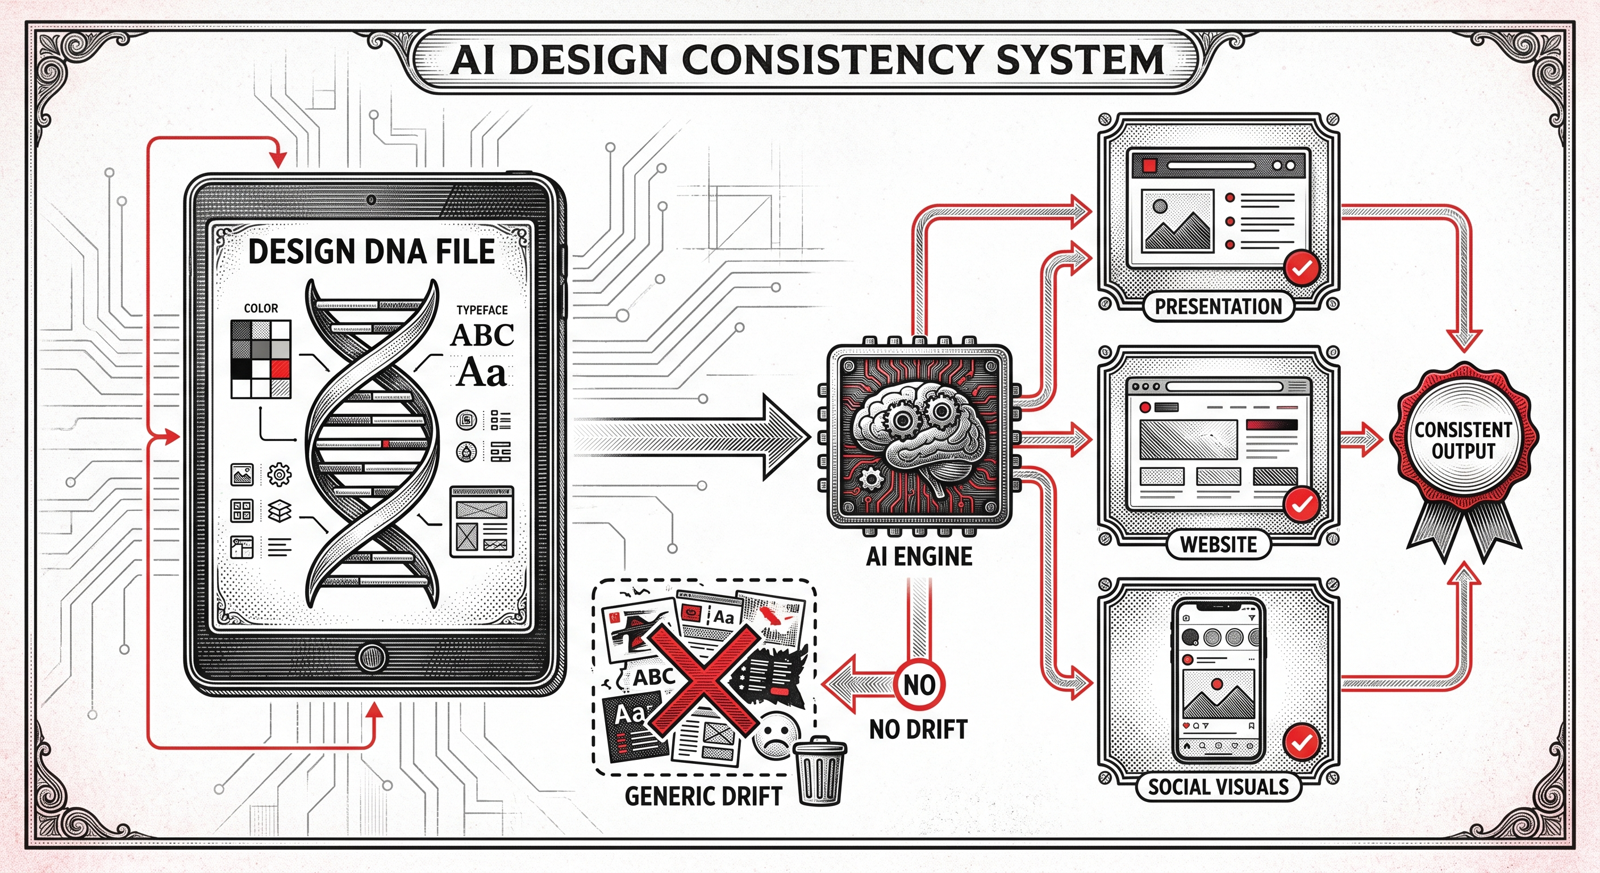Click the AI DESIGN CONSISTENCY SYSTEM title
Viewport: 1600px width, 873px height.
pos(807,60)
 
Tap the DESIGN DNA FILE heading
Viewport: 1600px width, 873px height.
pos(372,252)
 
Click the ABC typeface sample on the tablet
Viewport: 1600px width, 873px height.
pos(482,335)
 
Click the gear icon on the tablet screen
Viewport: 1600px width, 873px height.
pos(279,475)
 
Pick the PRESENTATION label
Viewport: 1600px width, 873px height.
pos(1219,306)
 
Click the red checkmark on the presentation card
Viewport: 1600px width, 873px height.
pos(1302,268)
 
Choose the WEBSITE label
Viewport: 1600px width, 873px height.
pos(1219,544)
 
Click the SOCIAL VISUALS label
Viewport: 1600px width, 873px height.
pos(1219,787)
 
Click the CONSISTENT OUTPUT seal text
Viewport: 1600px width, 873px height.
pos(1464,440)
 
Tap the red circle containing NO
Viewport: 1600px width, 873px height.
pos(919,685)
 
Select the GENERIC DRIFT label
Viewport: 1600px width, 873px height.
pos(703,796)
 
